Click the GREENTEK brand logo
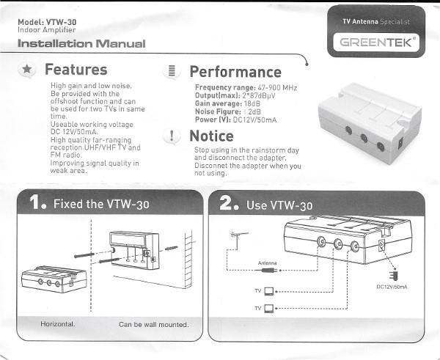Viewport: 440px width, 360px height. [376, 43]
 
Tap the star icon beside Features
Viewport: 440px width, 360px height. [26, 69]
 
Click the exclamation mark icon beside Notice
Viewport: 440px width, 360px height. [172, 136]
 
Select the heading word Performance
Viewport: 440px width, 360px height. [235, 72]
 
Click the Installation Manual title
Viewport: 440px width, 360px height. [81, 43]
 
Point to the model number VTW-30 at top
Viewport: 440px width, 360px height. [61, 22]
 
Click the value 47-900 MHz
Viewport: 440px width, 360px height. [277, 88]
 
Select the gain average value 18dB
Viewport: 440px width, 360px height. [252, 104]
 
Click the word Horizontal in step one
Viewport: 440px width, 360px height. [58, 324]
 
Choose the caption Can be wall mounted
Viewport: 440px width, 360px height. [153, 325]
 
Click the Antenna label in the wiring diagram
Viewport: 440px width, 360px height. [267, 263]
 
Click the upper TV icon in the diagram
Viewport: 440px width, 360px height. [269, 292]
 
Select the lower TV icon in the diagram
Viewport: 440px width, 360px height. [269, 309]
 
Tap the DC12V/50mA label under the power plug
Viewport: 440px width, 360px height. [392, 287]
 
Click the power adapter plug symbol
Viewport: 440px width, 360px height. [394, 274]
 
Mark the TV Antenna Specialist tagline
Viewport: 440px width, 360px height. [376, 21]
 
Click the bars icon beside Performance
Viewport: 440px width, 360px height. [172, 70]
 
